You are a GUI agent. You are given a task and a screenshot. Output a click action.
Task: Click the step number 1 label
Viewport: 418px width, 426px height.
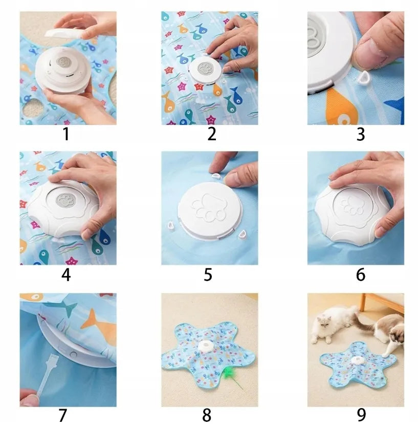click(66, 134)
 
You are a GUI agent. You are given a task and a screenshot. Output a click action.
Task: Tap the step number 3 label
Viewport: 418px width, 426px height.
click(361, 134)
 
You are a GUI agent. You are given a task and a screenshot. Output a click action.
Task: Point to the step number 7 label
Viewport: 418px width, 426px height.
click(63, 415)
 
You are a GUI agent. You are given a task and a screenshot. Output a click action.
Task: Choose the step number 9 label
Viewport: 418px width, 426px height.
click(361, 415)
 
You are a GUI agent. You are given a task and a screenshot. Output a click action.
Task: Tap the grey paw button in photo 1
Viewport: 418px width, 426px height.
click(63, 62)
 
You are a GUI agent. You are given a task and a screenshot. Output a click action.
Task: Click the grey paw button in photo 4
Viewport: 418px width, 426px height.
click(64, 201)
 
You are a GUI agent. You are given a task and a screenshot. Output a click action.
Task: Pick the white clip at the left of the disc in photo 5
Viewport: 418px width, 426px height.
click(170, 225)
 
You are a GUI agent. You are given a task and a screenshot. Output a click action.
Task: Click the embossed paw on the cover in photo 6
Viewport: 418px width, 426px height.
click(352, 206)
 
